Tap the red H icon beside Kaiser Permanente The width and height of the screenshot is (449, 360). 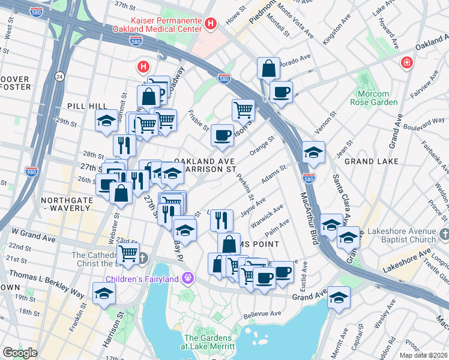coord(210,24)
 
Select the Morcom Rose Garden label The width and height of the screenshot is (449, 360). coord(377,98)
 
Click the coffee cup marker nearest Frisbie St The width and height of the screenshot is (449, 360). coord(222,135)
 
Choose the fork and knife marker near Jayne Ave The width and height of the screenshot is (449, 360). coord(222,220)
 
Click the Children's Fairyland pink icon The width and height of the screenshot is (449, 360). coord(188,278)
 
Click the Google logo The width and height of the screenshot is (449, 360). coord(19,353)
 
